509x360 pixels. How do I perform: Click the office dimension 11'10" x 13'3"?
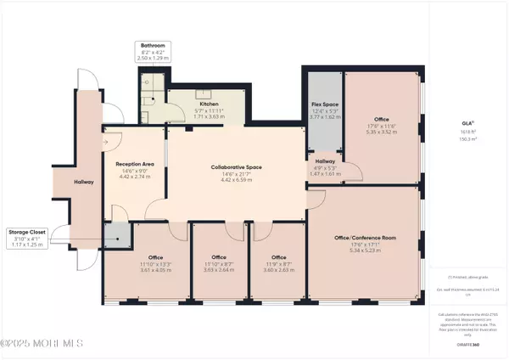[x=131, y=264]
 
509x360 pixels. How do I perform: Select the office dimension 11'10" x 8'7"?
[x=218, y=264]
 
